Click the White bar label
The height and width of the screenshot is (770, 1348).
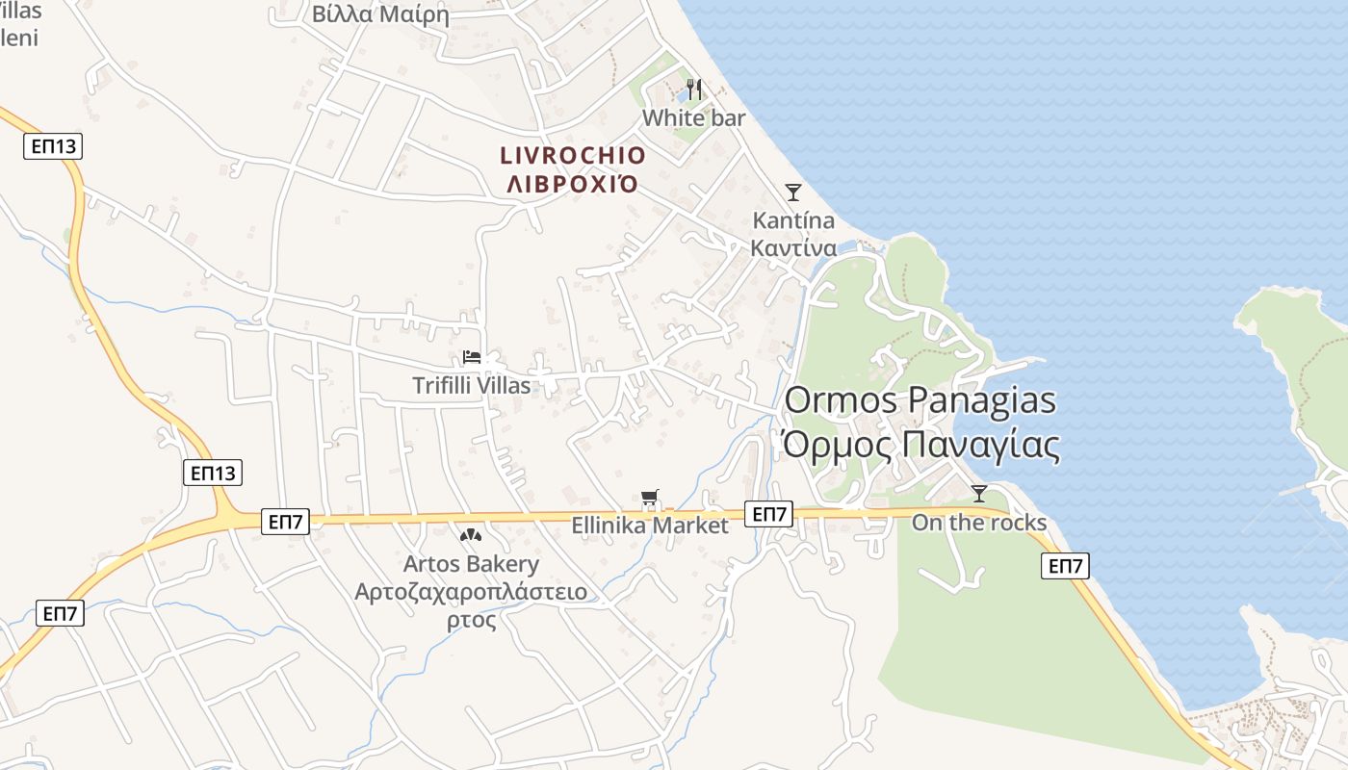coord(693,117)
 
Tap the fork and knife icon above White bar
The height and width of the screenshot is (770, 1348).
coord(693,90)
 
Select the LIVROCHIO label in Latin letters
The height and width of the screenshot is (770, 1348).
coord(573,155)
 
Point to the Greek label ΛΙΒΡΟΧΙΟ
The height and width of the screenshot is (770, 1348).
coord(573,184)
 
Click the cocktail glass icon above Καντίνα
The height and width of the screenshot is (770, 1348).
coord(792,192)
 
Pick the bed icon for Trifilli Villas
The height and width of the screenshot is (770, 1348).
coord(472,357)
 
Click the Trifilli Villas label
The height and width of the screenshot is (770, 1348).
coord(472,385)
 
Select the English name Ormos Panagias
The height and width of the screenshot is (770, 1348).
coord(920,400)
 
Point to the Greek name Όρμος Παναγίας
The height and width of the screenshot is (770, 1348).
coord(920,446)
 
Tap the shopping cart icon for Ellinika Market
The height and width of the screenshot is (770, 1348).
coord(651,498)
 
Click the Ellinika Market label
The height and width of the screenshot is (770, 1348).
coord(651,526)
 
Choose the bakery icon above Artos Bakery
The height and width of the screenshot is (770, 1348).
coord(471,535)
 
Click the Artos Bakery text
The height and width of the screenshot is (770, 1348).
coord(471,563)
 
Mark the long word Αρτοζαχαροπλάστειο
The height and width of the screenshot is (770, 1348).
coord(471,591)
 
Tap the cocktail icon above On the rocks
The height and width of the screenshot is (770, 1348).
coord(979,494)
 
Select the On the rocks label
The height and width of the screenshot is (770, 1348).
coord(979,522)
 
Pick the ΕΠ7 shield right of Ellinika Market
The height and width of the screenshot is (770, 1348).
coord(769,514)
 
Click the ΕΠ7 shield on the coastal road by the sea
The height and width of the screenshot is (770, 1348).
coord(1065,566)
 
